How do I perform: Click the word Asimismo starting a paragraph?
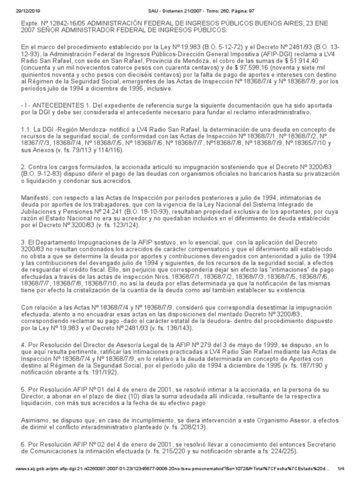[26, 446]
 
